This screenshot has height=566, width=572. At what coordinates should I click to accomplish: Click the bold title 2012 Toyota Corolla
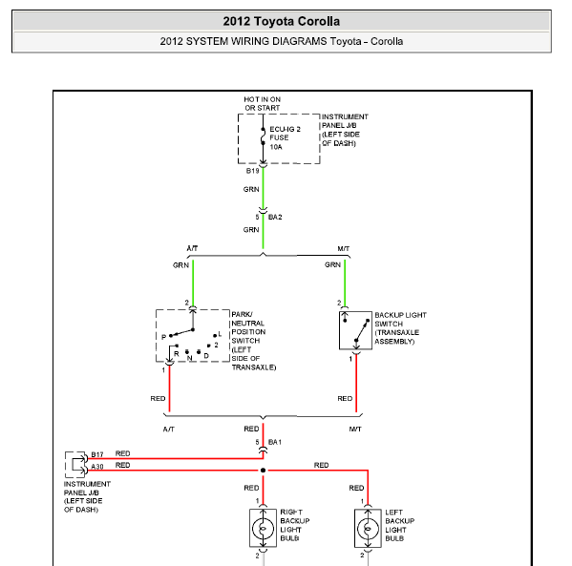coord(282,21)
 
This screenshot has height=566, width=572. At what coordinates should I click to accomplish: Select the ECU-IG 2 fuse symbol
coord(263,136)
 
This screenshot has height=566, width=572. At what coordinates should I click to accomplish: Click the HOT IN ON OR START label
coord(263,104)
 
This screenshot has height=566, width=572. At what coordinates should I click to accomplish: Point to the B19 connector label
coord(252,171)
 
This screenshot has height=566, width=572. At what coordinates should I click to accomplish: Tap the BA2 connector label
coord(275,217)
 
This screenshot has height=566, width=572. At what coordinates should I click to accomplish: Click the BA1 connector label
coord(275,442)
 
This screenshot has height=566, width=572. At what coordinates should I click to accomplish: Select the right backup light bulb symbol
coord(263,528)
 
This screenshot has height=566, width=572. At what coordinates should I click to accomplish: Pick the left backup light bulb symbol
coord(368,528)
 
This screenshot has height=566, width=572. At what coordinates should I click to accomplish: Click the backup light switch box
coord(355,330)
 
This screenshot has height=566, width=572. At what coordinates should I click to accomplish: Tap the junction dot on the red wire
coord(263,471)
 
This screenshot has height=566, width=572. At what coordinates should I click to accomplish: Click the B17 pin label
coord(97,454)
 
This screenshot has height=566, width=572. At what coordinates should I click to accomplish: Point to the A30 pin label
coord(97,467)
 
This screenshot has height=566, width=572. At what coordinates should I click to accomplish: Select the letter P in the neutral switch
coord(163,337)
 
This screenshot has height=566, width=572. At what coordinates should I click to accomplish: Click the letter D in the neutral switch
coord(206,356)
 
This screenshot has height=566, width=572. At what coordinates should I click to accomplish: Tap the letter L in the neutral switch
coord(220,334)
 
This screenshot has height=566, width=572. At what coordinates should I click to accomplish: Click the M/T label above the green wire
coord(343,249)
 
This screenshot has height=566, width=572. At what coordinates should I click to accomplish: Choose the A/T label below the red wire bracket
coord(168,430)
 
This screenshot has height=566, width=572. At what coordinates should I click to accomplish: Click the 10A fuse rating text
coord(276,147)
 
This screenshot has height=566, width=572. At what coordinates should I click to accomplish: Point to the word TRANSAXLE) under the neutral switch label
coord(254,367)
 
